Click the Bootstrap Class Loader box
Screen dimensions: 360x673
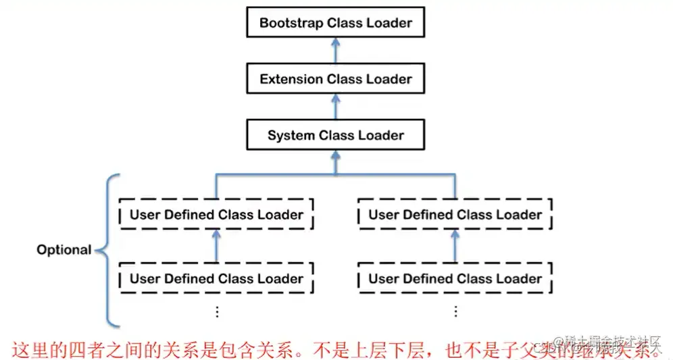click(335, 23)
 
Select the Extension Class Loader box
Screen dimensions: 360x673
click(335, 79)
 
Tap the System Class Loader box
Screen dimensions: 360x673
click(335, 135)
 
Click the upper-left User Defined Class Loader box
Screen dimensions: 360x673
click(216, 215)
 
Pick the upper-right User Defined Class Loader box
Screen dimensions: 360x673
click(455, 215)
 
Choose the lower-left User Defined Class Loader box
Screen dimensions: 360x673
click(216, 278)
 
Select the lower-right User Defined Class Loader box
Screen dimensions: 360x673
click(455, 278)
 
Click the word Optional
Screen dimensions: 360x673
click(64, 250)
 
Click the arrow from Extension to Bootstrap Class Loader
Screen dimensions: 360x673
click(335, 51)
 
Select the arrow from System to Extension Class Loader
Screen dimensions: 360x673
click(335, 107)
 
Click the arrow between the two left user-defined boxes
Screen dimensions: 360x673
click(216, 247)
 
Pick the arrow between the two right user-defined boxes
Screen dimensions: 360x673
click(455, 247)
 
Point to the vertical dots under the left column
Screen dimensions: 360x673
click(216, 311)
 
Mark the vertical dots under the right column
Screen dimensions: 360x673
click(455, 311)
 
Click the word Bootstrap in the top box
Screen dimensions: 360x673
click(291, 23)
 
